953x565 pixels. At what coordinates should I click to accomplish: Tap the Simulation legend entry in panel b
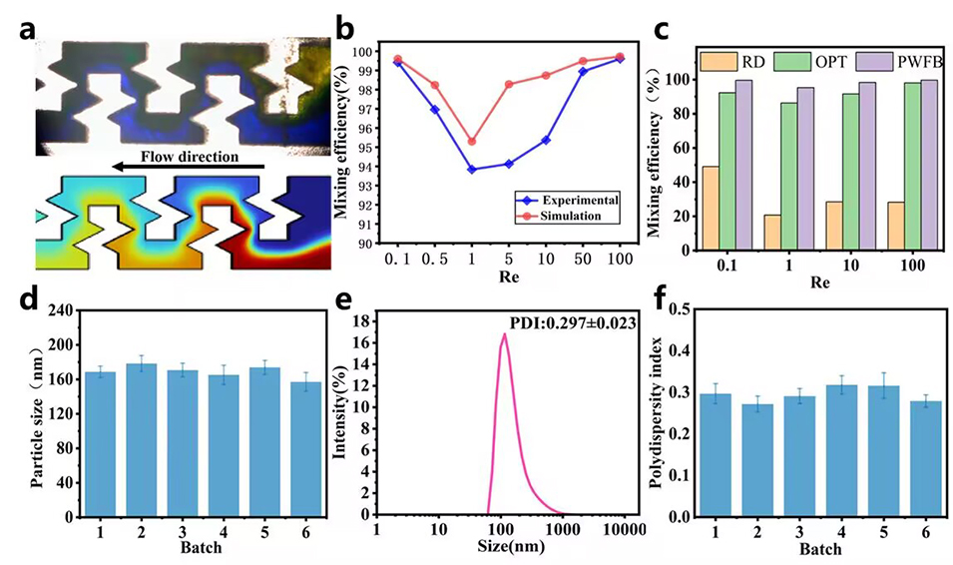[567, 216]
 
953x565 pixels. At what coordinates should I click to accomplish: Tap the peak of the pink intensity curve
[505, 333]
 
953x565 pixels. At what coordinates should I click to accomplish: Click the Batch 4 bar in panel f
[835, 451]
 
